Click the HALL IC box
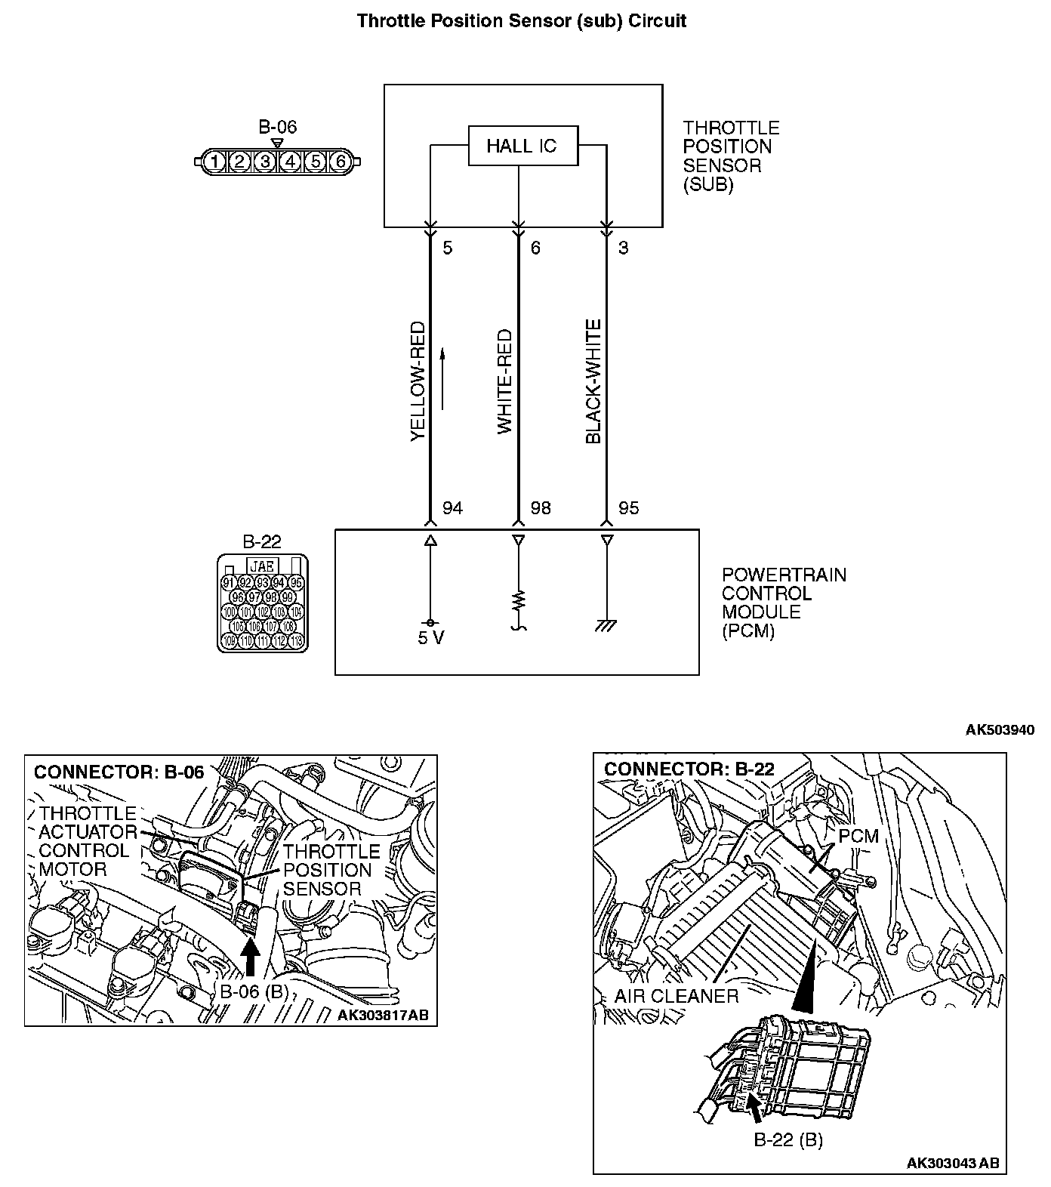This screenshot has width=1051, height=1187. (x=522, y=146)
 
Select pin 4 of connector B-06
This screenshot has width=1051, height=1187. (x=290, y=161)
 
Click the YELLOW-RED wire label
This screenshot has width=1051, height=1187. (x=418, y=382)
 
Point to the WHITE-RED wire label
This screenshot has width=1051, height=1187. (x=504, y=382)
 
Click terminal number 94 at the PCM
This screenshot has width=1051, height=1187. (x=452, y=508)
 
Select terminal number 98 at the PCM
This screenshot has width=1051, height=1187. (x=541, y=508)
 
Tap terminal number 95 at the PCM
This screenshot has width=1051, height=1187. (x=628, y=508)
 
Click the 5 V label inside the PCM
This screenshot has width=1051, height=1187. (x=431, y=638)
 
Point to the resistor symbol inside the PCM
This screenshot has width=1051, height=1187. (x=519, y=602)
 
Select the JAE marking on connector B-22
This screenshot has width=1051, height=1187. (x=262, y=565)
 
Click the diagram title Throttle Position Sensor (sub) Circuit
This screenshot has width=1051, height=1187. (x=522, y=20)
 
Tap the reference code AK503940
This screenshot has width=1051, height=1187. (x=1000, y=729)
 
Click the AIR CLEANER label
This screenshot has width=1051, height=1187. (x=677, y=995)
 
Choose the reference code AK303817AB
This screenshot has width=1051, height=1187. (x=383, y=1015)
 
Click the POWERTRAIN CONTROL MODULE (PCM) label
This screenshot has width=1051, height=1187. (x=784, y=603)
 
